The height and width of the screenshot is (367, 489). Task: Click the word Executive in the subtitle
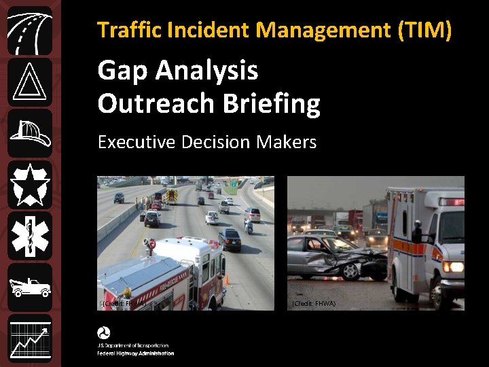(x=137, y=142)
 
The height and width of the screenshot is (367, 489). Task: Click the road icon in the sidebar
(x=29, y=31)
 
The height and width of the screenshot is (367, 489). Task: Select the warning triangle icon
(x=29, y=82)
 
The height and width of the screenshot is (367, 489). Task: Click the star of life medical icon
(x=29, y=235)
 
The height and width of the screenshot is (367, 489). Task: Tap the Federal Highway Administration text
(x=135, y=353)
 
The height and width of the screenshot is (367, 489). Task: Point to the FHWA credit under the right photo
(x=312, y=304)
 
